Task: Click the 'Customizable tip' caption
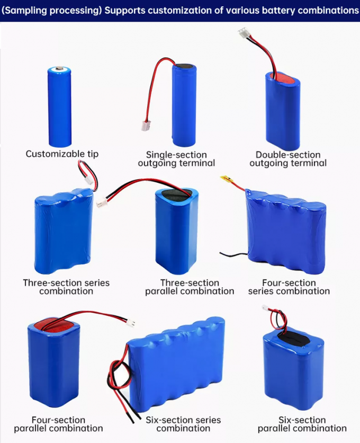point(62,154)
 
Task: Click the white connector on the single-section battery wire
point(145,126)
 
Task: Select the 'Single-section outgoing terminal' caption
point(176,159)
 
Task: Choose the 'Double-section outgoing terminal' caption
point(288,159)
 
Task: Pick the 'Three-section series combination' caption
point(66,287)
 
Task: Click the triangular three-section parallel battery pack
point(177,231)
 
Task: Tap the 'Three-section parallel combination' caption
point(190,287)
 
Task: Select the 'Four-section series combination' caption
point(289,287)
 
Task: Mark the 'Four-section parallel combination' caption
point(58,424)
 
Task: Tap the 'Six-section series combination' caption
point(183,424)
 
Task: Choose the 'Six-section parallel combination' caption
point(302,424)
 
